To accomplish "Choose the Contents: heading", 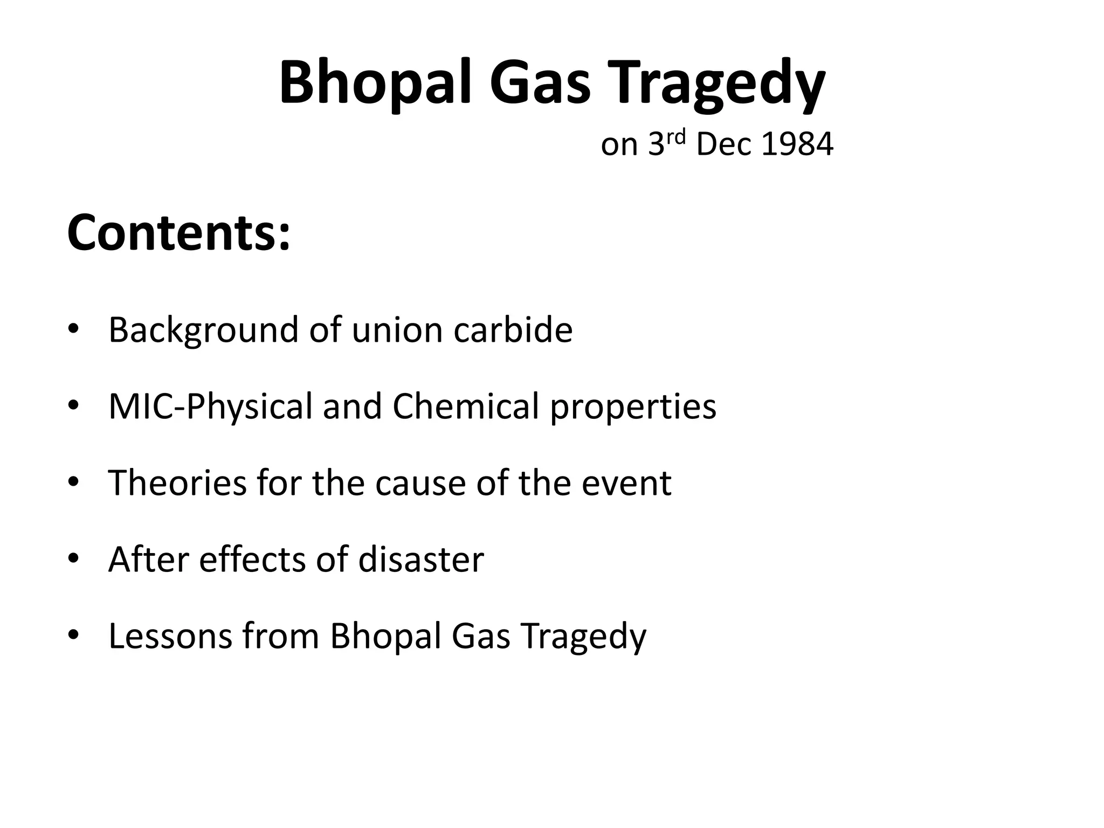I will (178, 233).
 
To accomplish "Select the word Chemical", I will (465, 406).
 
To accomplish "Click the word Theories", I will (177, 483).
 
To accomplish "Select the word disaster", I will (420, 560).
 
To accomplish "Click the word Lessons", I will (169, 636).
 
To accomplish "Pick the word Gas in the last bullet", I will (480, 636).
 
